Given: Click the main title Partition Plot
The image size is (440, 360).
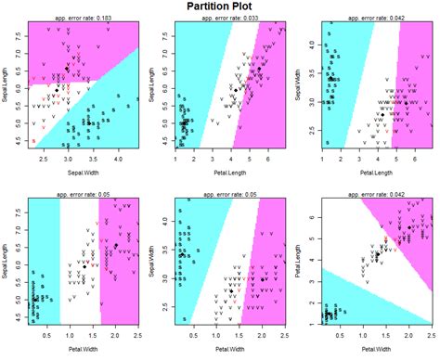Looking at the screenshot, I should (x=219, y=8).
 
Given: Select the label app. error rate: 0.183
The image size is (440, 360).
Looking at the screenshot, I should (x=85, y=19).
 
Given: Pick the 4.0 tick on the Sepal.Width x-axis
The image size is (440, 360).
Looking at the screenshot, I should (x=120, y=161).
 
